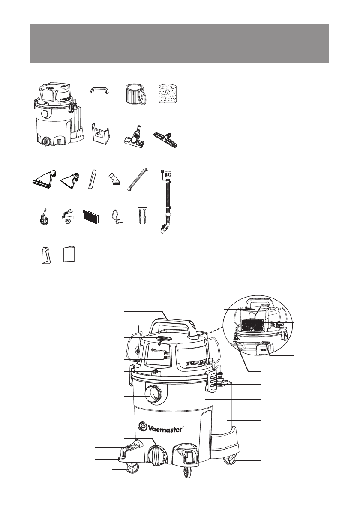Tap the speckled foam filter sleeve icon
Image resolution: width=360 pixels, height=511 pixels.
coord(167,94)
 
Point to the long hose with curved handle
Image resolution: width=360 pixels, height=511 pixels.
coord(166,201)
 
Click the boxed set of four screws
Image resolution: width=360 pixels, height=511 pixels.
coord(142,216)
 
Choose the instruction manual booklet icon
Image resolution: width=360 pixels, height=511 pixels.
coord(69,254)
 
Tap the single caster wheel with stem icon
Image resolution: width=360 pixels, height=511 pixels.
coord(43,217)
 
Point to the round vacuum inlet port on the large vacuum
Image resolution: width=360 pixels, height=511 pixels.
coord(153,395)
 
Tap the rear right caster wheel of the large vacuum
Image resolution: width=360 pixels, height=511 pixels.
coord(230,460)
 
